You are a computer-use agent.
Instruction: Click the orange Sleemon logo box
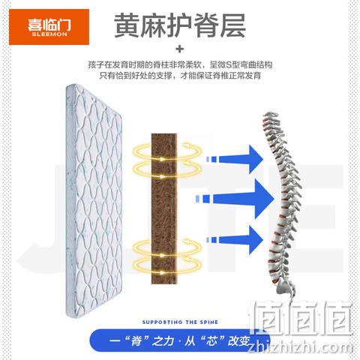click(x=49, y=27)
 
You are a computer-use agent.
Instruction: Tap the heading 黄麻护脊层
click(x=180, y=25)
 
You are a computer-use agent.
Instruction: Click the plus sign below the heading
click(x=180, y=49)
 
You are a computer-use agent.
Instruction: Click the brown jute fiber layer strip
click(x=164, y=208)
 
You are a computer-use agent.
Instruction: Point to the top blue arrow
click(x=234, y=159)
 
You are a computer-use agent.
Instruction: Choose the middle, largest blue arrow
click(x=235, y=199)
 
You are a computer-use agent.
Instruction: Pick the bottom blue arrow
click(x=234, y=240)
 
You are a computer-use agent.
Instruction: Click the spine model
click(x=283, y=200)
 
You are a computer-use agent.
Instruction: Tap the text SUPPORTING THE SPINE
click(x=180, y=322)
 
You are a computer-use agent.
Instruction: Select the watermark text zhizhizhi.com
click(x=301, y=348)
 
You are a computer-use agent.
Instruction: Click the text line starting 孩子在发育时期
click(x=180, y=64)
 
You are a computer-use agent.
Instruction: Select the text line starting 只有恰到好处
click(x=180, y=75)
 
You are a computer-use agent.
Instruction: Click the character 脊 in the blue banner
click(x=136, y=341)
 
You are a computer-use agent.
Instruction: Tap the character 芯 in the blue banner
click(x=211, y=341)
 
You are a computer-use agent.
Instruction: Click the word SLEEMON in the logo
click(x=49, y=34)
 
